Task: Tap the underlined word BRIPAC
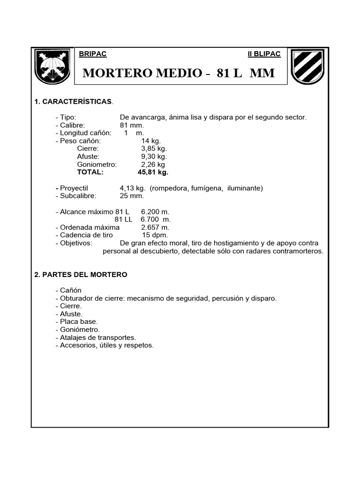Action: point(94,54)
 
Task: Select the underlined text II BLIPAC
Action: point(264,54)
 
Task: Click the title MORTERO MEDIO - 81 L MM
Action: point(179,74)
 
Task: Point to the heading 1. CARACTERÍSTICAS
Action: point(74,101)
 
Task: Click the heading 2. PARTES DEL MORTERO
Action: point(81,275)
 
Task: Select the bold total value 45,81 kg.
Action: point(153,172)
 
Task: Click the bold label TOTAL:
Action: point(90,172)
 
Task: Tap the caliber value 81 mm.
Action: point(132,125)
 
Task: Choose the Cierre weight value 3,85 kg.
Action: point(154,149)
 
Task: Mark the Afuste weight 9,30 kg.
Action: point(154,157)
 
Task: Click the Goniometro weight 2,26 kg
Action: point(153,165)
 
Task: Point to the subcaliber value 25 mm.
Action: point(132,196)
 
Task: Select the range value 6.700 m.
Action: point(156,219)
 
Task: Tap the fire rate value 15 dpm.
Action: point(155,235)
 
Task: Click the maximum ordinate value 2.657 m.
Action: point(155,227)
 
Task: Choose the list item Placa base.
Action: point(76,322)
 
